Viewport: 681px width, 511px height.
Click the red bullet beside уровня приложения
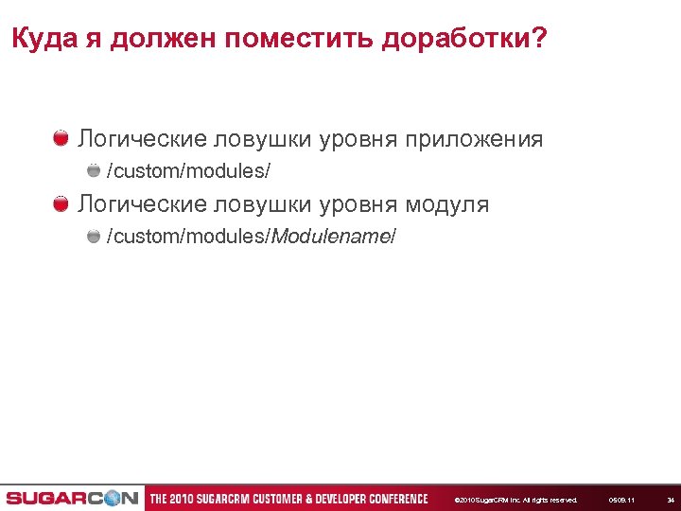click(61, 139)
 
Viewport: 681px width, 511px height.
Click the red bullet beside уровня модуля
click(61, 203)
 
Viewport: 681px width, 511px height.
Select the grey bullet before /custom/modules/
click(94, 171)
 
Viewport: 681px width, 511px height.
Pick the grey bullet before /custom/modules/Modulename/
click(94, 236)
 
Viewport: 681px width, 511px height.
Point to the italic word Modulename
click(330, 237)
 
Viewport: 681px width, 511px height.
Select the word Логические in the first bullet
click(141, 139)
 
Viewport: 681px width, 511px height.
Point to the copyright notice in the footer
click(515, 500)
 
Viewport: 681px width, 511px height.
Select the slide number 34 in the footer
click(671, 500)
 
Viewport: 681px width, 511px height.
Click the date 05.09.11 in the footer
click(621, 500)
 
